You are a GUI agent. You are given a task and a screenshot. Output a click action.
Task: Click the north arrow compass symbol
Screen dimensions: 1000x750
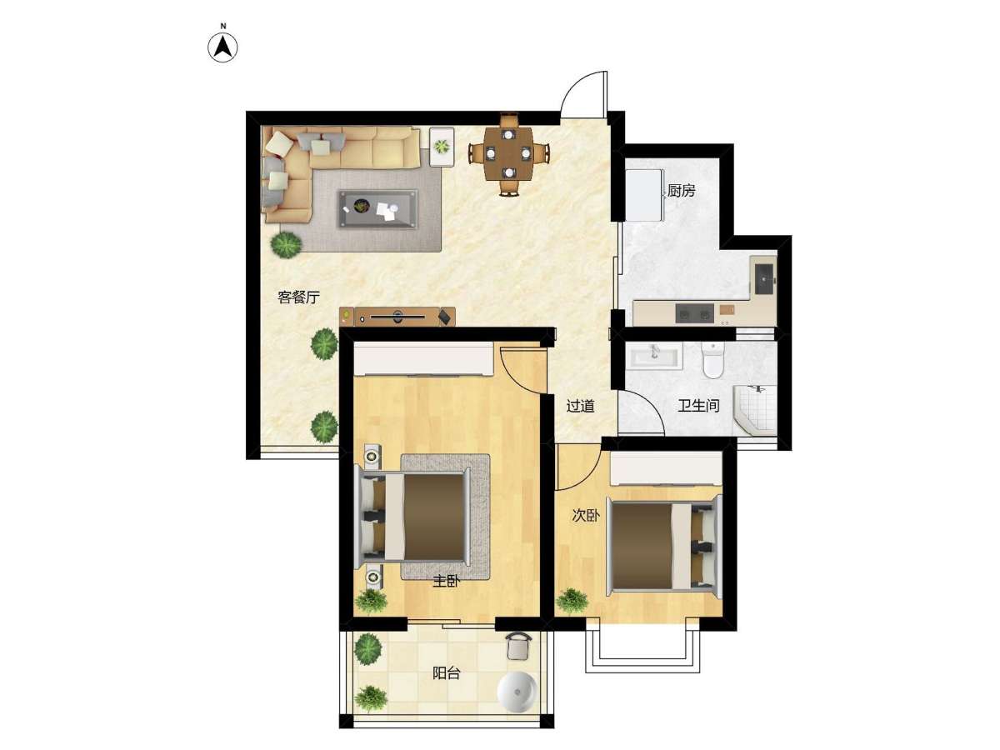pyautogui.click(x=222, y=47)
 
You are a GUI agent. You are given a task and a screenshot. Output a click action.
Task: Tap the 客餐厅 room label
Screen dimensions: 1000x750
pyautogui.click(x=299, y=297)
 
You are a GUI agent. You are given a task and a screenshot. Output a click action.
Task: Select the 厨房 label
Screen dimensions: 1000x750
pyautogui.click(x=681, y=191)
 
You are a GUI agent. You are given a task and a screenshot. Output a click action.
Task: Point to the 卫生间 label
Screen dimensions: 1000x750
pyautogui.click(x=698, y=405)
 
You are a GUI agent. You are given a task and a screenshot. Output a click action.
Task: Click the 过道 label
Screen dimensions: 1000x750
pyautogui.click(x=580, y=406)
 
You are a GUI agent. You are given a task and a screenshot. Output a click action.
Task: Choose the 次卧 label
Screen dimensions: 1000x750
pyautogui.click(x=586, y=516)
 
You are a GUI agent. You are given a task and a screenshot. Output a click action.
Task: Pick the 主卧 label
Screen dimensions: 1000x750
pyautogui.click(x=446, y=582)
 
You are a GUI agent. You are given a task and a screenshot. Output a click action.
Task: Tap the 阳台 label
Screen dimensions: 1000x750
pyautogui.click(x=446, y=673)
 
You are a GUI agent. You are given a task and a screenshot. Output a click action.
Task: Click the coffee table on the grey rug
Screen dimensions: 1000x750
pyautogui.click(x=377, y=208)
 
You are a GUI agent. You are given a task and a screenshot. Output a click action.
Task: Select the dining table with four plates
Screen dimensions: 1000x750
pyautogui.click(x=508, y=153)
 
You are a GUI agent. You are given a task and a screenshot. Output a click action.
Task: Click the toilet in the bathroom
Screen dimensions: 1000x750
pyautogui.click(x=712, y=360)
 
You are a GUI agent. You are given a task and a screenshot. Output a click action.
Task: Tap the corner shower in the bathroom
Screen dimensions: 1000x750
pyautogui.click(x=754, y=410)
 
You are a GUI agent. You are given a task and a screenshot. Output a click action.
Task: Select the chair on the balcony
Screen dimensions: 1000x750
pyautogui.click(x=518, y=647)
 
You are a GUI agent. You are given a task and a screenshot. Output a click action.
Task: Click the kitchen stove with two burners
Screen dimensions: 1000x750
pyautogui.click(x=694, y=313)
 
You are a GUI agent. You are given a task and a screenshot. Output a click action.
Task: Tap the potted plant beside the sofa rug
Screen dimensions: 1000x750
pyautogui.click(x=286, y=245)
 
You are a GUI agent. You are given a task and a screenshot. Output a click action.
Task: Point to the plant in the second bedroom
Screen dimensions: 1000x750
pyautogui.click(x=572, y=602)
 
